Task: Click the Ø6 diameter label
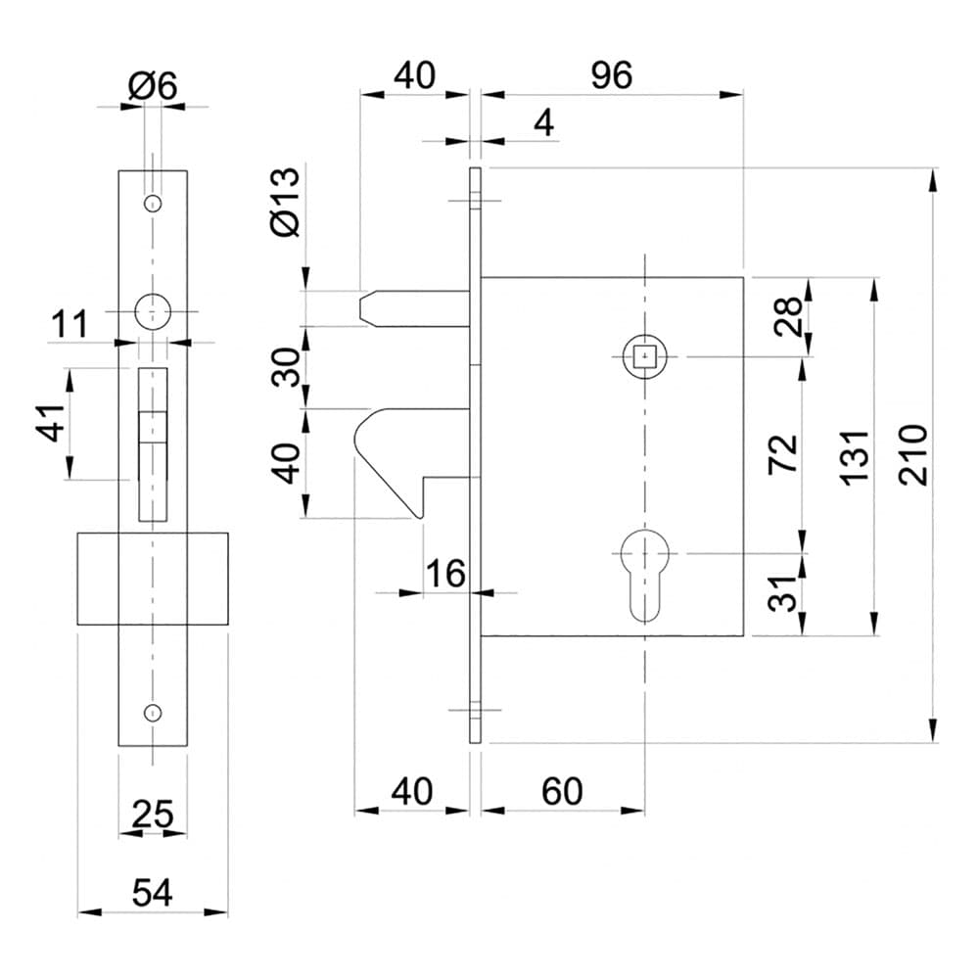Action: pyautogui.click(x=153, y=85)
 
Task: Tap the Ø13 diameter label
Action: pyautogui.click(x=286, y=203)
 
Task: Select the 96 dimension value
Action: pyautogui.click(x=612, y=75)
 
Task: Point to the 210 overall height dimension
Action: pyautogui.click(x=912, y=454)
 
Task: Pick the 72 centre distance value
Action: pyautogui.click(x=783, y=454)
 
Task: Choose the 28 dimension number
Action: pyautogui.click(x=787, y=316)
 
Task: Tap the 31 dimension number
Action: pyautogui.click(x=783, y=593)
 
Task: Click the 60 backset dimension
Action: pyautogui.click(x=562, y=791)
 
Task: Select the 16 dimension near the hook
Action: pyautogui.click(x=445, y=573)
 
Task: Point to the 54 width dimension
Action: pyautogui.click(x=153, y=892)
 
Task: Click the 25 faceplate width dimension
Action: pyautogui.click(x=153, y=814)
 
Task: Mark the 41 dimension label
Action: pyautogui.click(x=54, y=423)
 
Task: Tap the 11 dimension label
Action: pyautogui.click(x=70, y=325)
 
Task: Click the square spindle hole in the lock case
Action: pyautogui.click(x=644, y=357)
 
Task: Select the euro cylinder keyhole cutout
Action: pyautogui.click(x=644, y=575)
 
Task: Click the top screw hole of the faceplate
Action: pyautogui.click(x=153, y=204)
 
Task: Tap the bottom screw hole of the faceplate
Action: pyautogui.click(x=153, y=713)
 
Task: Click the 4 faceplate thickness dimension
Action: pyautogui.click(x=544, y=122)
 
